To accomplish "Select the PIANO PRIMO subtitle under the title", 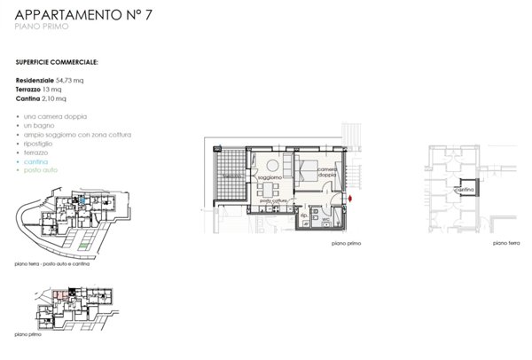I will coord(42,28).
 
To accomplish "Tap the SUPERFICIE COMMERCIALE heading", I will coord(57,64).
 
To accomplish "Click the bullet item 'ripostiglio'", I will coord(40,144).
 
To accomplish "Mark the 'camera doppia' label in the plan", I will coord(326,171).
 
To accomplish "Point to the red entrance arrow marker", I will coord(351,198).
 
